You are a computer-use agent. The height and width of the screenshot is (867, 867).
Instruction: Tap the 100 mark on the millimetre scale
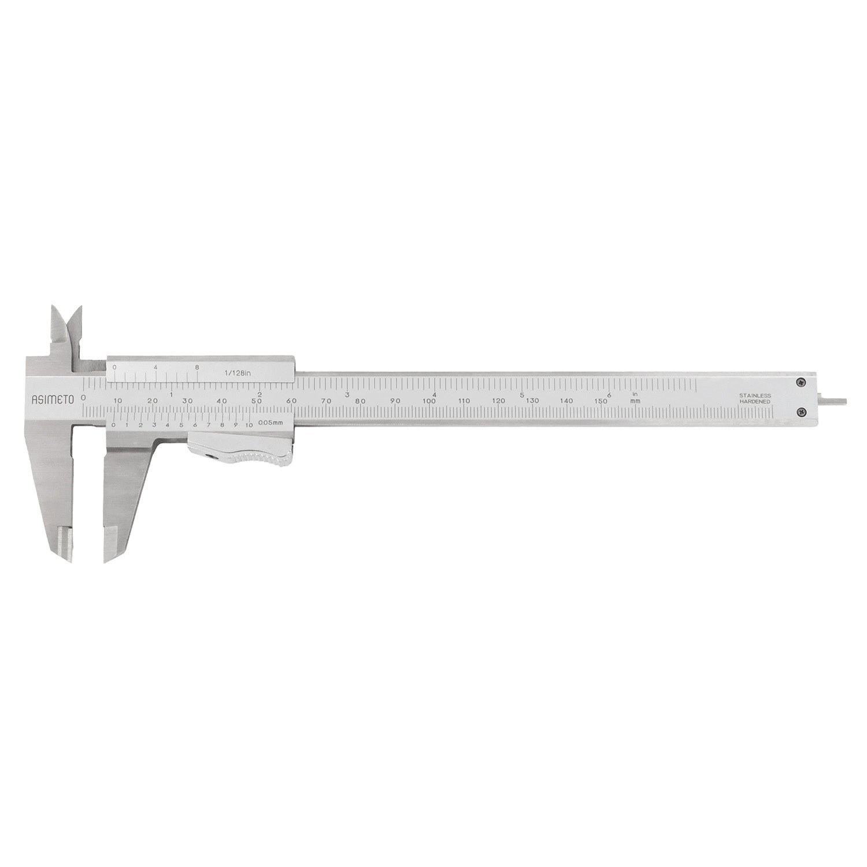point(429,401)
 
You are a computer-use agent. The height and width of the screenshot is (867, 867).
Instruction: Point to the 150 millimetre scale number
point(601,401)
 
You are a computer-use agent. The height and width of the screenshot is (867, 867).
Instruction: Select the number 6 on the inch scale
point(610,395)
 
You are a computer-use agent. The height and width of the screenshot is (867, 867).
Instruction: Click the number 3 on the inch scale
point(347,395)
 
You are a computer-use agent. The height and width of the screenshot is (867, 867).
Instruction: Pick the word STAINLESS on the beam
point(754,395)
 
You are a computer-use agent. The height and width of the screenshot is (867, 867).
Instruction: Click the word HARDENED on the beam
point(754,401)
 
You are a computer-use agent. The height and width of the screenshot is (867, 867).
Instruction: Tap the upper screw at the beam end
point(802,381)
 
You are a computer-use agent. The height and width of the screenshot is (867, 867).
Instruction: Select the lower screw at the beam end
point(802,412)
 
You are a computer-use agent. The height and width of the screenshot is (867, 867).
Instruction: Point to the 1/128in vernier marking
point(238,373)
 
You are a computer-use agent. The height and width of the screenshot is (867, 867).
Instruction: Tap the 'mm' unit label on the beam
point(635,401)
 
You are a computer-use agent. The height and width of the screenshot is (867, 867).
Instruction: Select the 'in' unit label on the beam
point(635,395)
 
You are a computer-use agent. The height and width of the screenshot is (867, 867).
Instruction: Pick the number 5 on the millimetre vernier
point(181,425)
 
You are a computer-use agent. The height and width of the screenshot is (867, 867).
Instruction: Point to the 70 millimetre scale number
point(326,401)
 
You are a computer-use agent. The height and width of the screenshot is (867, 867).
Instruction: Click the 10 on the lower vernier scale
point(249,425)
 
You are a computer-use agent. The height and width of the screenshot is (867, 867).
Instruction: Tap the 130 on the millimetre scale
point(532,401)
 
